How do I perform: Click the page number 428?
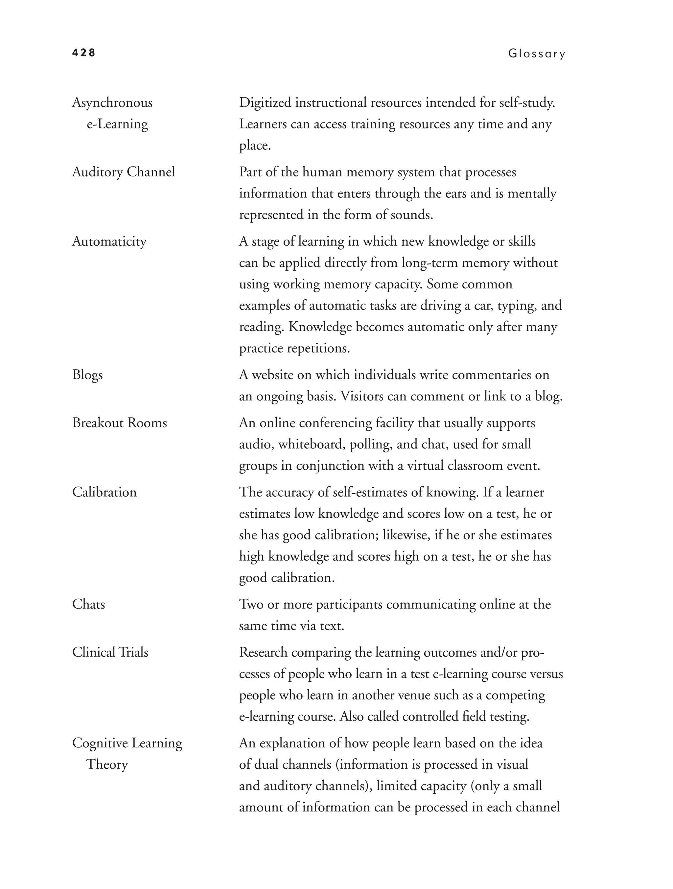83,53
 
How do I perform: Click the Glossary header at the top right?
536,54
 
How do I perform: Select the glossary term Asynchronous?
112,103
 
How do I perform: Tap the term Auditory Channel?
124,172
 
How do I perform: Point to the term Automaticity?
109,241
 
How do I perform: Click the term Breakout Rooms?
119,423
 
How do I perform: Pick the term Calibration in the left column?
104,492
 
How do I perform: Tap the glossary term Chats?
88,604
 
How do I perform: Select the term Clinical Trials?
110,652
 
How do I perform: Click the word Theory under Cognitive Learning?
107,764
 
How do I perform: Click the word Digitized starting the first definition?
265,103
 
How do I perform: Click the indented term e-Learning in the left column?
117,124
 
